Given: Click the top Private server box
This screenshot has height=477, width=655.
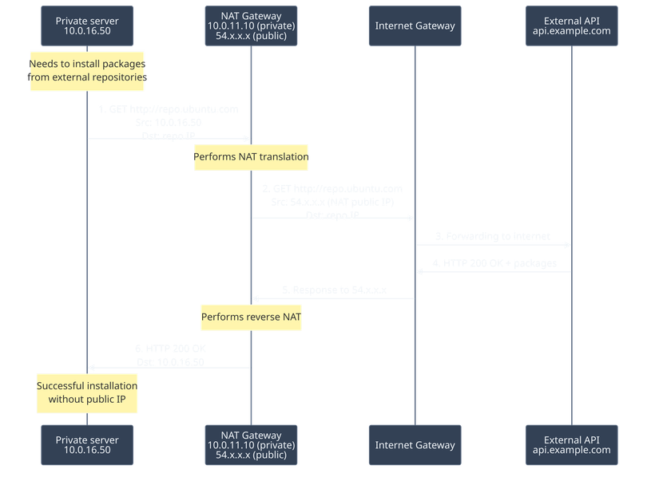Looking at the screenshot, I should (87, 26).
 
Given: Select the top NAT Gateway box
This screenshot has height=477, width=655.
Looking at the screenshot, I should (251, 26).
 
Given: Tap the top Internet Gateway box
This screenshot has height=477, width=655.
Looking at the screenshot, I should (415, 26).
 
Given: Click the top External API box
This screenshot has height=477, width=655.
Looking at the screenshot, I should (572, 26).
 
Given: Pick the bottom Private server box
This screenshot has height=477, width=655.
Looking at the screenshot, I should (87, 444).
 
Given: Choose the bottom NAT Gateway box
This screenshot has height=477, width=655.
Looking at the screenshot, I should (251, 444).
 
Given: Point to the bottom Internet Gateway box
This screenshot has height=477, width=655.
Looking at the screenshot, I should (415, 444).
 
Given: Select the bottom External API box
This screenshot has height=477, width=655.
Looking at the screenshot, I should (572, 444).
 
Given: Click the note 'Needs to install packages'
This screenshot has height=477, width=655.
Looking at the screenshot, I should (87, 70).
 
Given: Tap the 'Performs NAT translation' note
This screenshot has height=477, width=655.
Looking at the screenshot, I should (251, 156).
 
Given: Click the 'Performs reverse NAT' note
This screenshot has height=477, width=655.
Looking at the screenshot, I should (251, 317).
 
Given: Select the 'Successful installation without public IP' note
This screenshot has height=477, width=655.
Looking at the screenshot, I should (87, 392).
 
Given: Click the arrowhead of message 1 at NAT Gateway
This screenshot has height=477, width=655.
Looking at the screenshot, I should (248, 139).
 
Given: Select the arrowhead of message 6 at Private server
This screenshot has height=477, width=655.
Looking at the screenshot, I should (91, 367).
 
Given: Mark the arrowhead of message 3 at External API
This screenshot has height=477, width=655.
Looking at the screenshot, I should (569, 245).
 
